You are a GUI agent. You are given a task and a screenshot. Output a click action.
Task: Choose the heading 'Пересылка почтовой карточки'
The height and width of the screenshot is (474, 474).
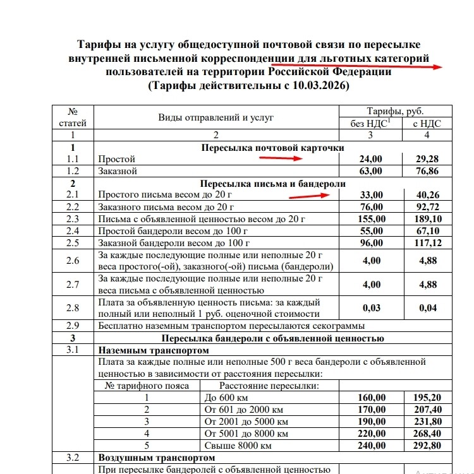(272, 147)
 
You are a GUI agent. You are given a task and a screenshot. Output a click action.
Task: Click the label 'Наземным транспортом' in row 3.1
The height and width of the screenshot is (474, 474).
(154, 350)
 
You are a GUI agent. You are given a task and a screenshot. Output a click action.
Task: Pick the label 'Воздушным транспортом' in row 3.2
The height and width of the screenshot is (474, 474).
(155, 457)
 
